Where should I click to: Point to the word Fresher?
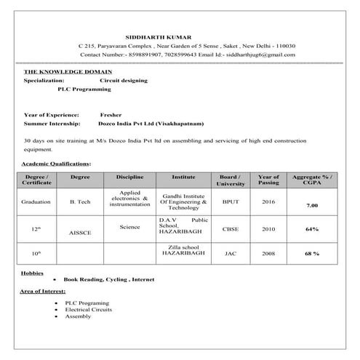(x=111, y=115)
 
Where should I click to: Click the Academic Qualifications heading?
(x=57, y=164)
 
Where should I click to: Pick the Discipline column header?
(x=129, y=177)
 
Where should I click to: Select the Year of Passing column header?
(x=268, y=180)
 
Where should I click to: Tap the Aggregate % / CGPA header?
(x=312, y=180)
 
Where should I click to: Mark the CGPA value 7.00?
(x=312, y=207)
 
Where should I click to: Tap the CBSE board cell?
(x=231, y=228)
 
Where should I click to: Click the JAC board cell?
(x=231, y=254)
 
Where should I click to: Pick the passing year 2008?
(x=268, y=254)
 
